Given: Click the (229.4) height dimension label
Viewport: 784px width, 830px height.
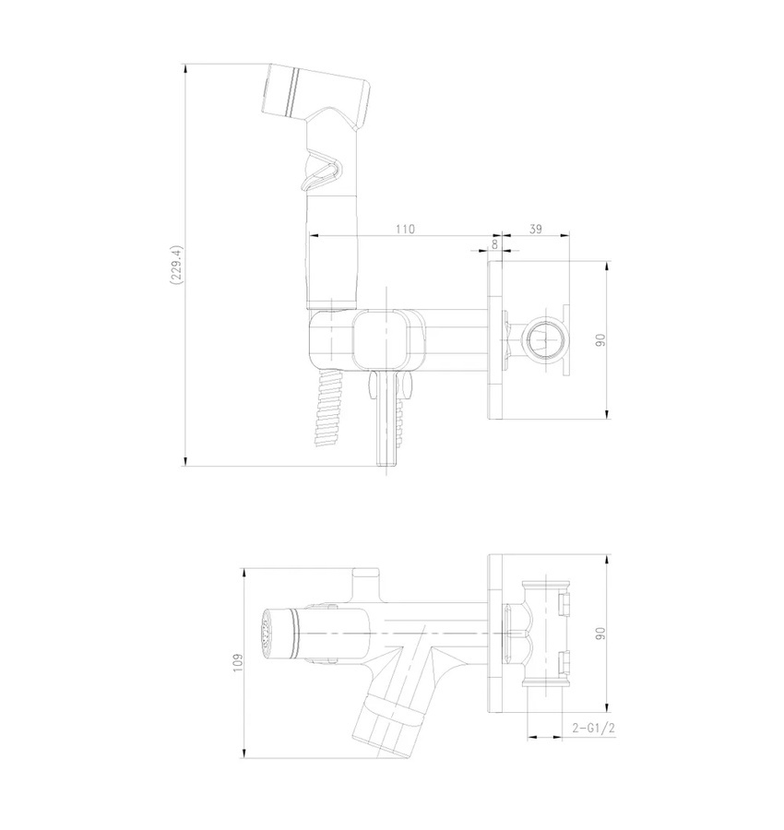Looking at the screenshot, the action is click(176, 266).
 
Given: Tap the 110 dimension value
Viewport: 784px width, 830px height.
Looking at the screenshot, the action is click(406, 230).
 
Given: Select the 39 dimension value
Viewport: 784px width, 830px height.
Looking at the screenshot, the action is click(536, 229).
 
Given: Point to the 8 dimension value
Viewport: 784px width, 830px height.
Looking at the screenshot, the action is click(495, 244).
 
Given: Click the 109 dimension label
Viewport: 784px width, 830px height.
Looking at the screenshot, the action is click(238, 663).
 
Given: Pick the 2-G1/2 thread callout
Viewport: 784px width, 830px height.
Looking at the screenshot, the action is click(593, 728).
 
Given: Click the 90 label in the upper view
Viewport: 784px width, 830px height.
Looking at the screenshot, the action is click(600, 340).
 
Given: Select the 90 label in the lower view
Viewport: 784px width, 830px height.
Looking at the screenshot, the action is click(600, 634).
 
